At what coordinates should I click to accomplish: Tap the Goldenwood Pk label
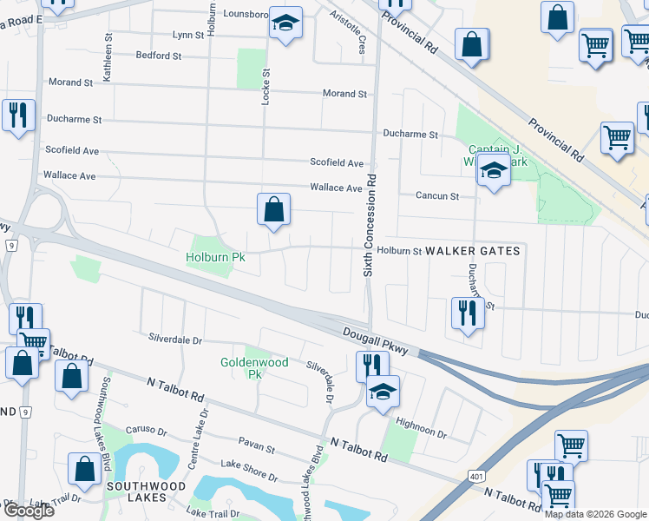tap(241, 368)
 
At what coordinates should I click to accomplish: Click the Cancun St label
tap(437, 196)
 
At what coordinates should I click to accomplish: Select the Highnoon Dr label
tap(421, 423)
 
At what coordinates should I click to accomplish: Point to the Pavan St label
tap(258, 451)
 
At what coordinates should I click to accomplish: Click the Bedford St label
tap(158, 56)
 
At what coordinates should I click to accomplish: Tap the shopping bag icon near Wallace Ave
tap(273, 209)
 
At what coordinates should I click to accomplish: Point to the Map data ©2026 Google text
tap(595, 514)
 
